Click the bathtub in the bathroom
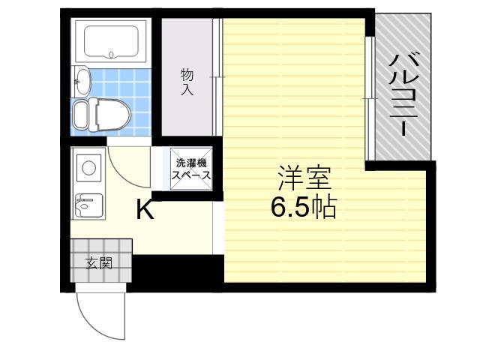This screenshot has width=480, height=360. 111,41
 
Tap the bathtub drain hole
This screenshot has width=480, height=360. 111,55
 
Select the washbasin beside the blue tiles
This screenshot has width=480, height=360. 82,80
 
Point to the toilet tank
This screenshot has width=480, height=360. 81,115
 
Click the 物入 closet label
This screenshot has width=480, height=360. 187,82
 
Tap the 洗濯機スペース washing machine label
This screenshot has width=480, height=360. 191,169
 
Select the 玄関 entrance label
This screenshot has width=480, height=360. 98,263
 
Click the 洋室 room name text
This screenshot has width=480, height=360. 304,178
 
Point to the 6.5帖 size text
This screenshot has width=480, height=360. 304,207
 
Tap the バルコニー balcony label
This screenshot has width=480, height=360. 403,94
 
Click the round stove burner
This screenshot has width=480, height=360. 88,167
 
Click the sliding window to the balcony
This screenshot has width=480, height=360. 370,98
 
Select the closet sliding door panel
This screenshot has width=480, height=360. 217,77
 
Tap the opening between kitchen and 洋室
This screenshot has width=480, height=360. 218,227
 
